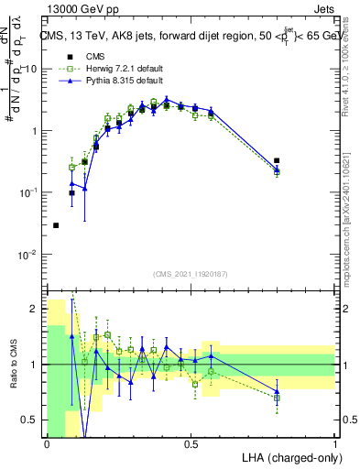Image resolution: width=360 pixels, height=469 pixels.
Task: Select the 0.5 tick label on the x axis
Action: pos(191,444)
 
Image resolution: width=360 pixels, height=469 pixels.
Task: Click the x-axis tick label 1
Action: pos(335,444)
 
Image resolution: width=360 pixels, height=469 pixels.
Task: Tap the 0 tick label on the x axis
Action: pos(47,444)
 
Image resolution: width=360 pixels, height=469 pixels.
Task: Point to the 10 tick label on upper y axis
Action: pos(31,69)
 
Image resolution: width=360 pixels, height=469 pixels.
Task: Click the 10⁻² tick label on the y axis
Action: pos(27,254)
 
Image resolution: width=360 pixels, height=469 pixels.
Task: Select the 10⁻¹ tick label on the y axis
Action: pos(27,192)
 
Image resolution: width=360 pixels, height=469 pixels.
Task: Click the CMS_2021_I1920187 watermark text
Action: pos(191,274)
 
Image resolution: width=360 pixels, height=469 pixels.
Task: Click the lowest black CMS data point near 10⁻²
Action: pos(56,225)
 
